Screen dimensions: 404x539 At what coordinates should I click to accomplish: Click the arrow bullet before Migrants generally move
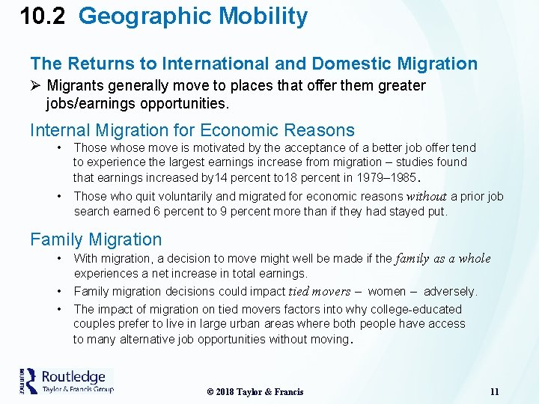36,86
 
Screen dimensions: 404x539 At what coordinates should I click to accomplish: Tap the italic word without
426,197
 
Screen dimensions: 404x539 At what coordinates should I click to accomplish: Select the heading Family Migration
96,239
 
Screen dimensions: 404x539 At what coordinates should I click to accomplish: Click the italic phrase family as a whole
443,259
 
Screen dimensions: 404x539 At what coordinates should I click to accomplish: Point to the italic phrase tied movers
320,292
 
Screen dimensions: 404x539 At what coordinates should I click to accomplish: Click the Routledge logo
67,381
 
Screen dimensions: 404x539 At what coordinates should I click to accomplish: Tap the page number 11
494,392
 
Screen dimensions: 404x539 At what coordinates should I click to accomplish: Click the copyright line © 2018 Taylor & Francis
255,392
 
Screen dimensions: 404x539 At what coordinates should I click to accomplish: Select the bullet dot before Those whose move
59,147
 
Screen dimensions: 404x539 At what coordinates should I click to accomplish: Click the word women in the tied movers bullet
388,292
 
